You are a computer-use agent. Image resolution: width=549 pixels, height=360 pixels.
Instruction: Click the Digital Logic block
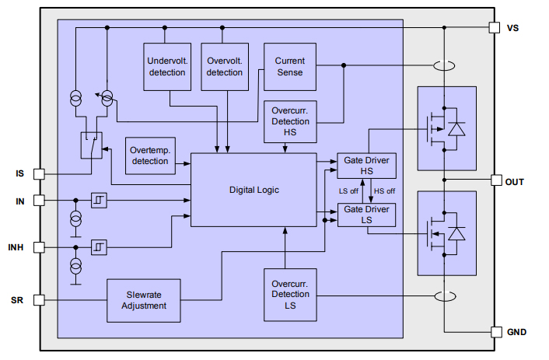(254, 190)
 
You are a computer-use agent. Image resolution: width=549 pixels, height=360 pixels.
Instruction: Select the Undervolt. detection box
(166, 67)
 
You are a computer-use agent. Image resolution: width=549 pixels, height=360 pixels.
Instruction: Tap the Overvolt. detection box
(224, 67)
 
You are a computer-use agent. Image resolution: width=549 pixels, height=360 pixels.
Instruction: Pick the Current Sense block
(289, 67)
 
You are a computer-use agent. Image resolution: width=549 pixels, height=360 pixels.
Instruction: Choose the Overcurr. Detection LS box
(289, 295)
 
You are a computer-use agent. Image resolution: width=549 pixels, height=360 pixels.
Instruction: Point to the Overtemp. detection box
(150, 156)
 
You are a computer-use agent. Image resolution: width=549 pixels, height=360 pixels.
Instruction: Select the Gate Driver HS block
(366, 166)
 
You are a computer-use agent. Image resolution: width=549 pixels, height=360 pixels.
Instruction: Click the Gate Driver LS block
(366, 215)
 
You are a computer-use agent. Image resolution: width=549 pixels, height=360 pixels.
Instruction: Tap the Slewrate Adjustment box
(143, 300)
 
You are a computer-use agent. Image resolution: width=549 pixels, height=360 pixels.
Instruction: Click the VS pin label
(512, 28)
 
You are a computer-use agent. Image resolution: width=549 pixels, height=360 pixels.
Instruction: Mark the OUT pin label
(514, 181)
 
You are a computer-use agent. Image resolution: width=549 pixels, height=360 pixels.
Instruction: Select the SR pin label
(17, 300)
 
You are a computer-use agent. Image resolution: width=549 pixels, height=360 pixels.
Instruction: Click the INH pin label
(16, 247)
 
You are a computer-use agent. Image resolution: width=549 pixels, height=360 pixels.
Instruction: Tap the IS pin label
(19, 173)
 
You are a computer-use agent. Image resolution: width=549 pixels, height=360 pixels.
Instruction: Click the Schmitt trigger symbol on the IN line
(99, 201)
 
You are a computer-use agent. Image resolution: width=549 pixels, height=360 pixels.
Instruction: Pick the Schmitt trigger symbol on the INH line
(99, 247)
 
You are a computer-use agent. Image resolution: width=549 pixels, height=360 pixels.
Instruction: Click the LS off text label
(348, 190)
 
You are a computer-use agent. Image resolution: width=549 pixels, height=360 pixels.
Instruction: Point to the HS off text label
(384, 190)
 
